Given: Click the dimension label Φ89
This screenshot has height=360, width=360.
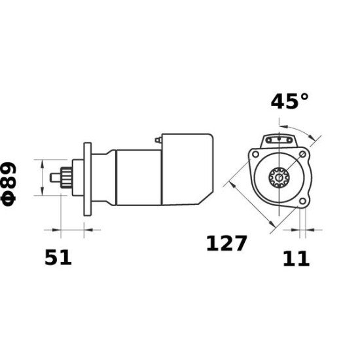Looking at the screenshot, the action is click(x=9, y=185).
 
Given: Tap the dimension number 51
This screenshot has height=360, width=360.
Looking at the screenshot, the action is click(x=58, y=258).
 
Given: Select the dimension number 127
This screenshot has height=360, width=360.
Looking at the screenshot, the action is click(x=226, y=243).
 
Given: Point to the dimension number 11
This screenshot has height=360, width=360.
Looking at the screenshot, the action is click(x=296, y=259).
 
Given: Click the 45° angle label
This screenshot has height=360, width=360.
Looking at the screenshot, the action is click(x=289, y=101).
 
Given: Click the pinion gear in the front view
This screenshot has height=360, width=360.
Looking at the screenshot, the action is click(x=279, y=177).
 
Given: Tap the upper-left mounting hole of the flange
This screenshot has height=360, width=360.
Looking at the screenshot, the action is click(x=255, y=154).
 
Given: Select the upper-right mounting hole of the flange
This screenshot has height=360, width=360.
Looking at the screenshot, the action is click(x=303, y=154).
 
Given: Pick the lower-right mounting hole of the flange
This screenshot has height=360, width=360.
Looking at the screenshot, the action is click(x=303, y=202).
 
